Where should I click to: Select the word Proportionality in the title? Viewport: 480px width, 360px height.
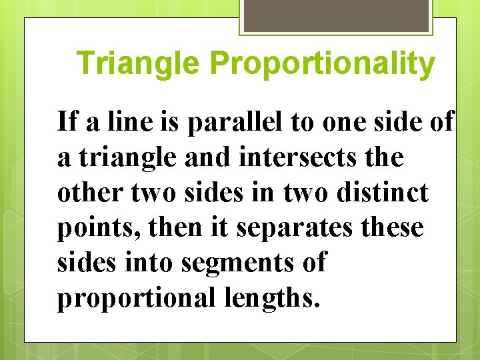click(x=321, y=64)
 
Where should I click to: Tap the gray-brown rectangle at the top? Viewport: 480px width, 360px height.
click(x=335, y=16)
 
